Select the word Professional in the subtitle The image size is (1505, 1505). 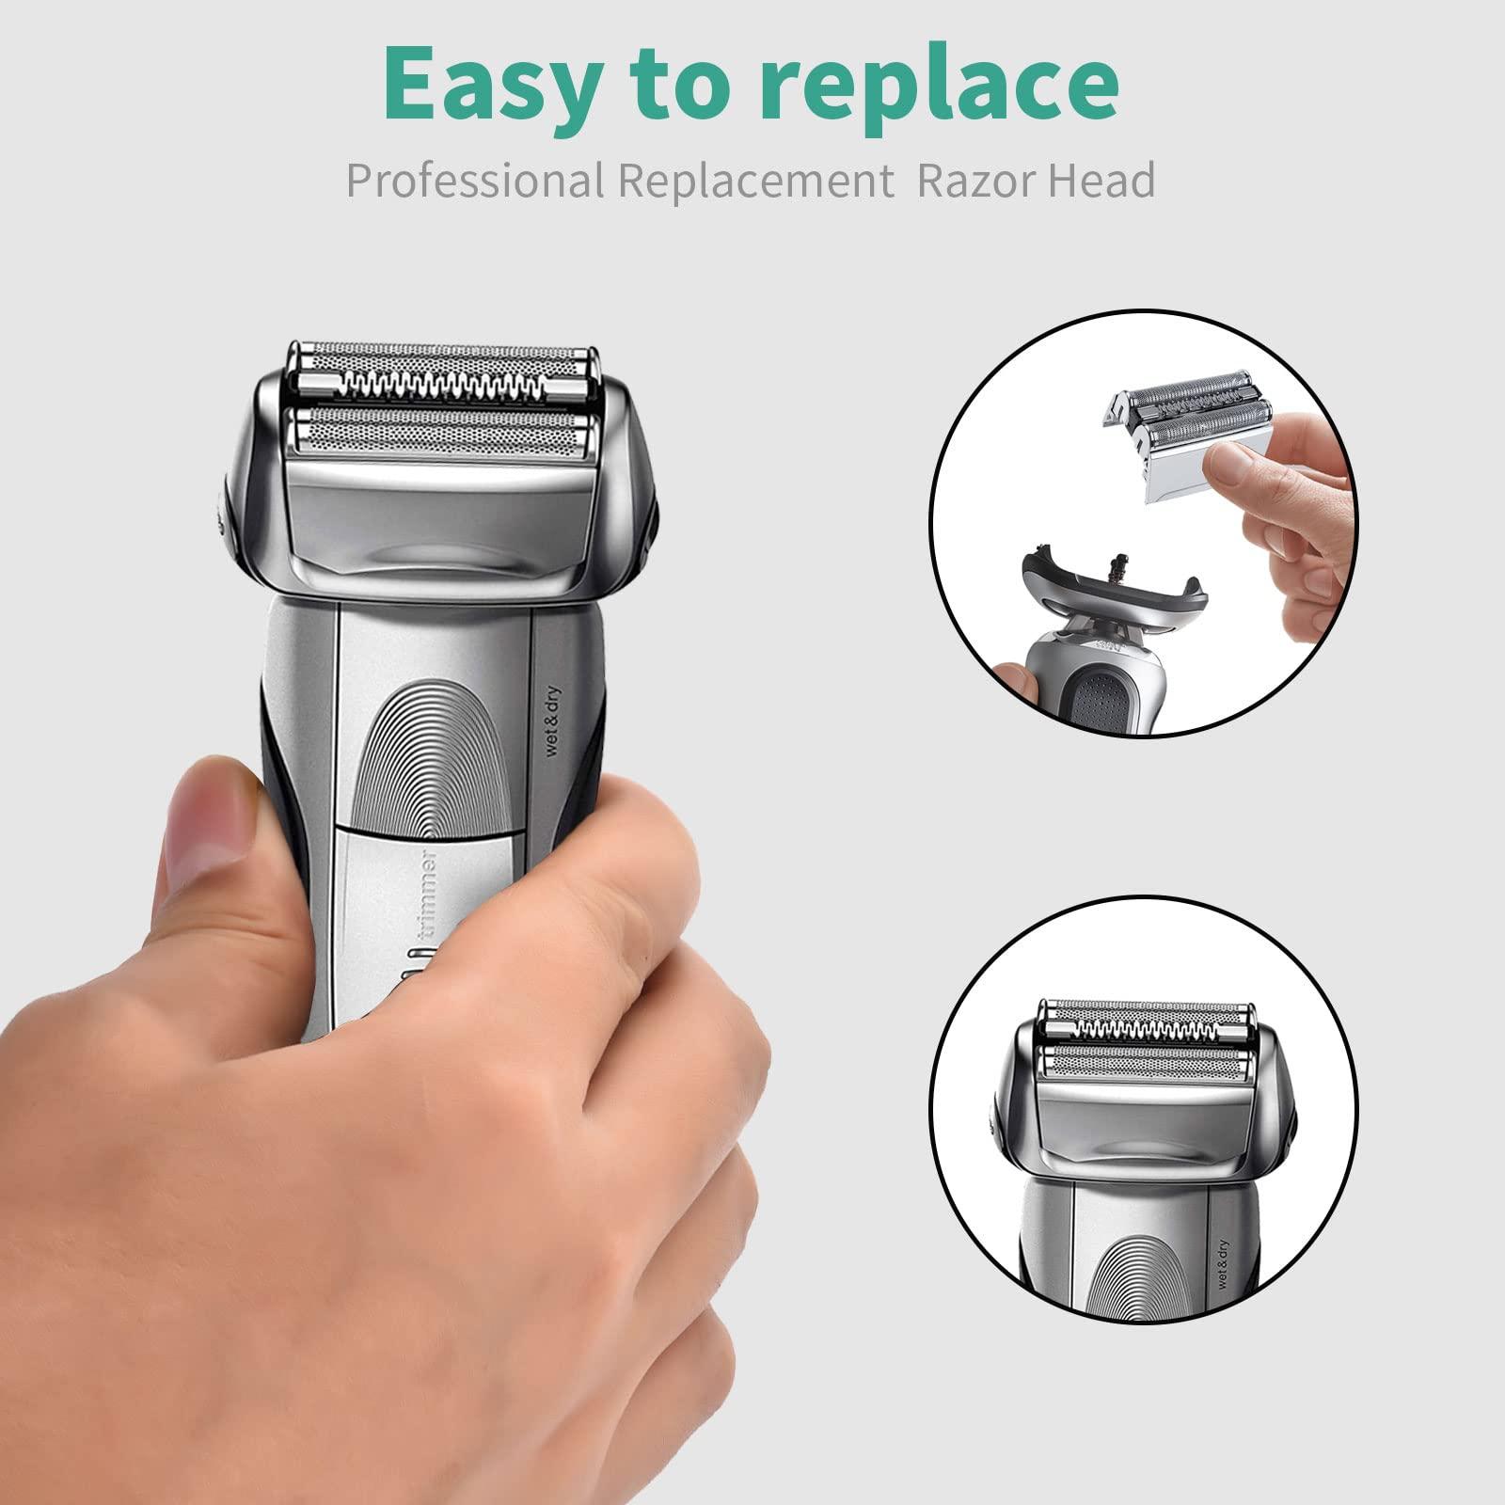(x=475, y=180)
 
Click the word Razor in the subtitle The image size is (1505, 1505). (x=974, y=180)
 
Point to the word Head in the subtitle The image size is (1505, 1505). (x=1101, y=180)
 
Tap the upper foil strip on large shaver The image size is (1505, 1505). (x=442, y=356)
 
